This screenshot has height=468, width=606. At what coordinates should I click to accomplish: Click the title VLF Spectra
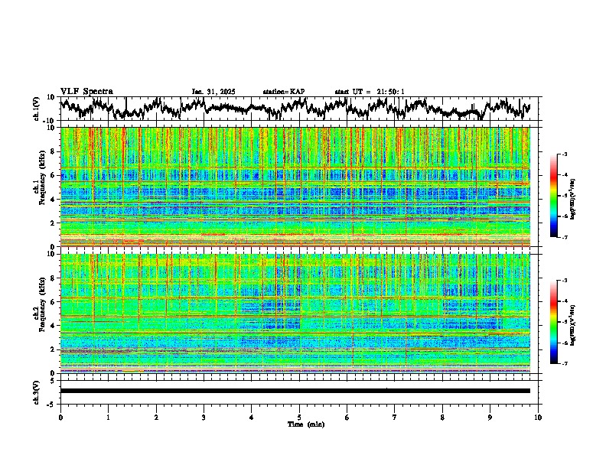[86, 92]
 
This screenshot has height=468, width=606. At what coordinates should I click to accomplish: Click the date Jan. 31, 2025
[213, 92]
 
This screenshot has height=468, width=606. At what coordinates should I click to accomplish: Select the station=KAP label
[284, 92]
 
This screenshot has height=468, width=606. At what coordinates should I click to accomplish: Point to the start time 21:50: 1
[390, 92]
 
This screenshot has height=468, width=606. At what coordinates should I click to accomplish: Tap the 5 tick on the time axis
[299, 417]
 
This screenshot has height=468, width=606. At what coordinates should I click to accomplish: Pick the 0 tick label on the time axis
[60, 417]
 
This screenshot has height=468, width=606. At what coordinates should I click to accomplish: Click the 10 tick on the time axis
[538, 417]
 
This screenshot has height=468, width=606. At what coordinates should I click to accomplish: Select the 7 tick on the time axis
[395, 417]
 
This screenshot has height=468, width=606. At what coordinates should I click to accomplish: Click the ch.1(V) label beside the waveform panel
[37, 109]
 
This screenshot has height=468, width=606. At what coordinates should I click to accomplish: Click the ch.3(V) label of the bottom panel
[37, 391]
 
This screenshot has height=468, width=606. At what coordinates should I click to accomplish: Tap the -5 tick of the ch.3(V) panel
[50, 402]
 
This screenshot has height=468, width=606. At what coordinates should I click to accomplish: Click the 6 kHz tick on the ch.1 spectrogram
[53, 175]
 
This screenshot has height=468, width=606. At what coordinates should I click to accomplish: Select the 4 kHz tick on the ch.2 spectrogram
[53, 325]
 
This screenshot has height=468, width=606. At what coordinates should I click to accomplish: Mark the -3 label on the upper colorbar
[564, 154]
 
